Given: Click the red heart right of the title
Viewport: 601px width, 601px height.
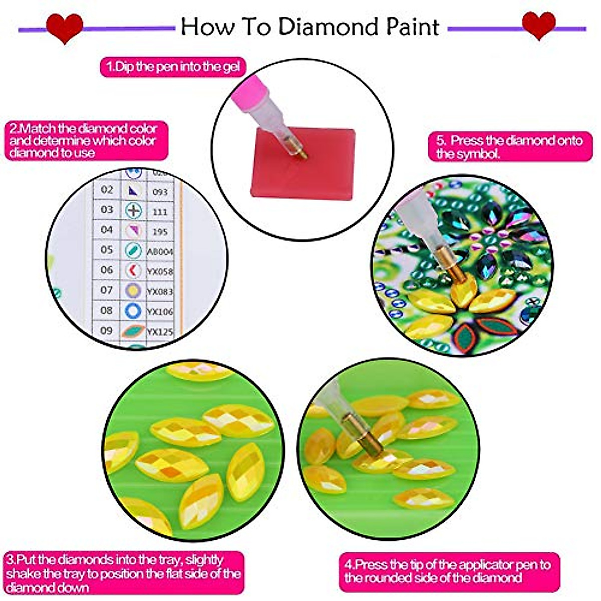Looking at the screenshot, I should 538,25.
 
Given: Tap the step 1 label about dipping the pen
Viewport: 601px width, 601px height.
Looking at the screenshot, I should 173,66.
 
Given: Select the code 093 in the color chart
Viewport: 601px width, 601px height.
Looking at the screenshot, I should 160,192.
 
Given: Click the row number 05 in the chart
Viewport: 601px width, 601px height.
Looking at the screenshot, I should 107,249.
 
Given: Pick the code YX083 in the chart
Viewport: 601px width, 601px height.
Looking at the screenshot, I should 159,291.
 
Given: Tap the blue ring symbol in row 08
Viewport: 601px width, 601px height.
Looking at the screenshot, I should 133,311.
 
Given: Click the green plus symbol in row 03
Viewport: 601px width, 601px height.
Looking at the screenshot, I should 133,211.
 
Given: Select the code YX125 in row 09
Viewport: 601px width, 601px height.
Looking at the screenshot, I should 159,332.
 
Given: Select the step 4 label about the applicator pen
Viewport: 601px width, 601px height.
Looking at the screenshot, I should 447,571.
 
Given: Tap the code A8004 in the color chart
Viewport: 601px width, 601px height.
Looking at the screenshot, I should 159,251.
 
